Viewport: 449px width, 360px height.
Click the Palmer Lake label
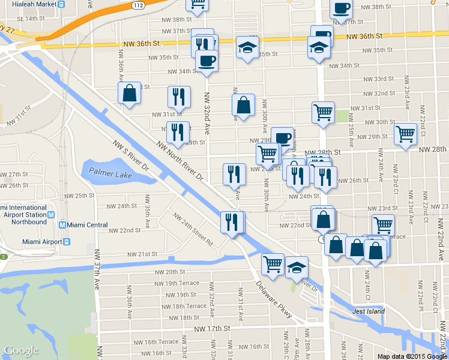coord(110,173)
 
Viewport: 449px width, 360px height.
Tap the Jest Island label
coord(367,311)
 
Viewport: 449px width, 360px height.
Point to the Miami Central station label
coord(86,225)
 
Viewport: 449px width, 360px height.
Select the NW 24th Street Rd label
coord(193,230)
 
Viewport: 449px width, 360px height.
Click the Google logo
coord(21,350)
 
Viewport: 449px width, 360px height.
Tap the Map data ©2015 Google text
coord(412,356)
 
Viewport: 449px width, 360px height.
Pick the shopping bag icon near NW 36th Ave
coord(129,94)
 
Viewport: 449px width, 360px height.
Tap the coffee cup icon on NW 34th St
coord(206,61)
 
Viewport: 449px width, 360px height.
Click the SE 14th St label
coord(31,19)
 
